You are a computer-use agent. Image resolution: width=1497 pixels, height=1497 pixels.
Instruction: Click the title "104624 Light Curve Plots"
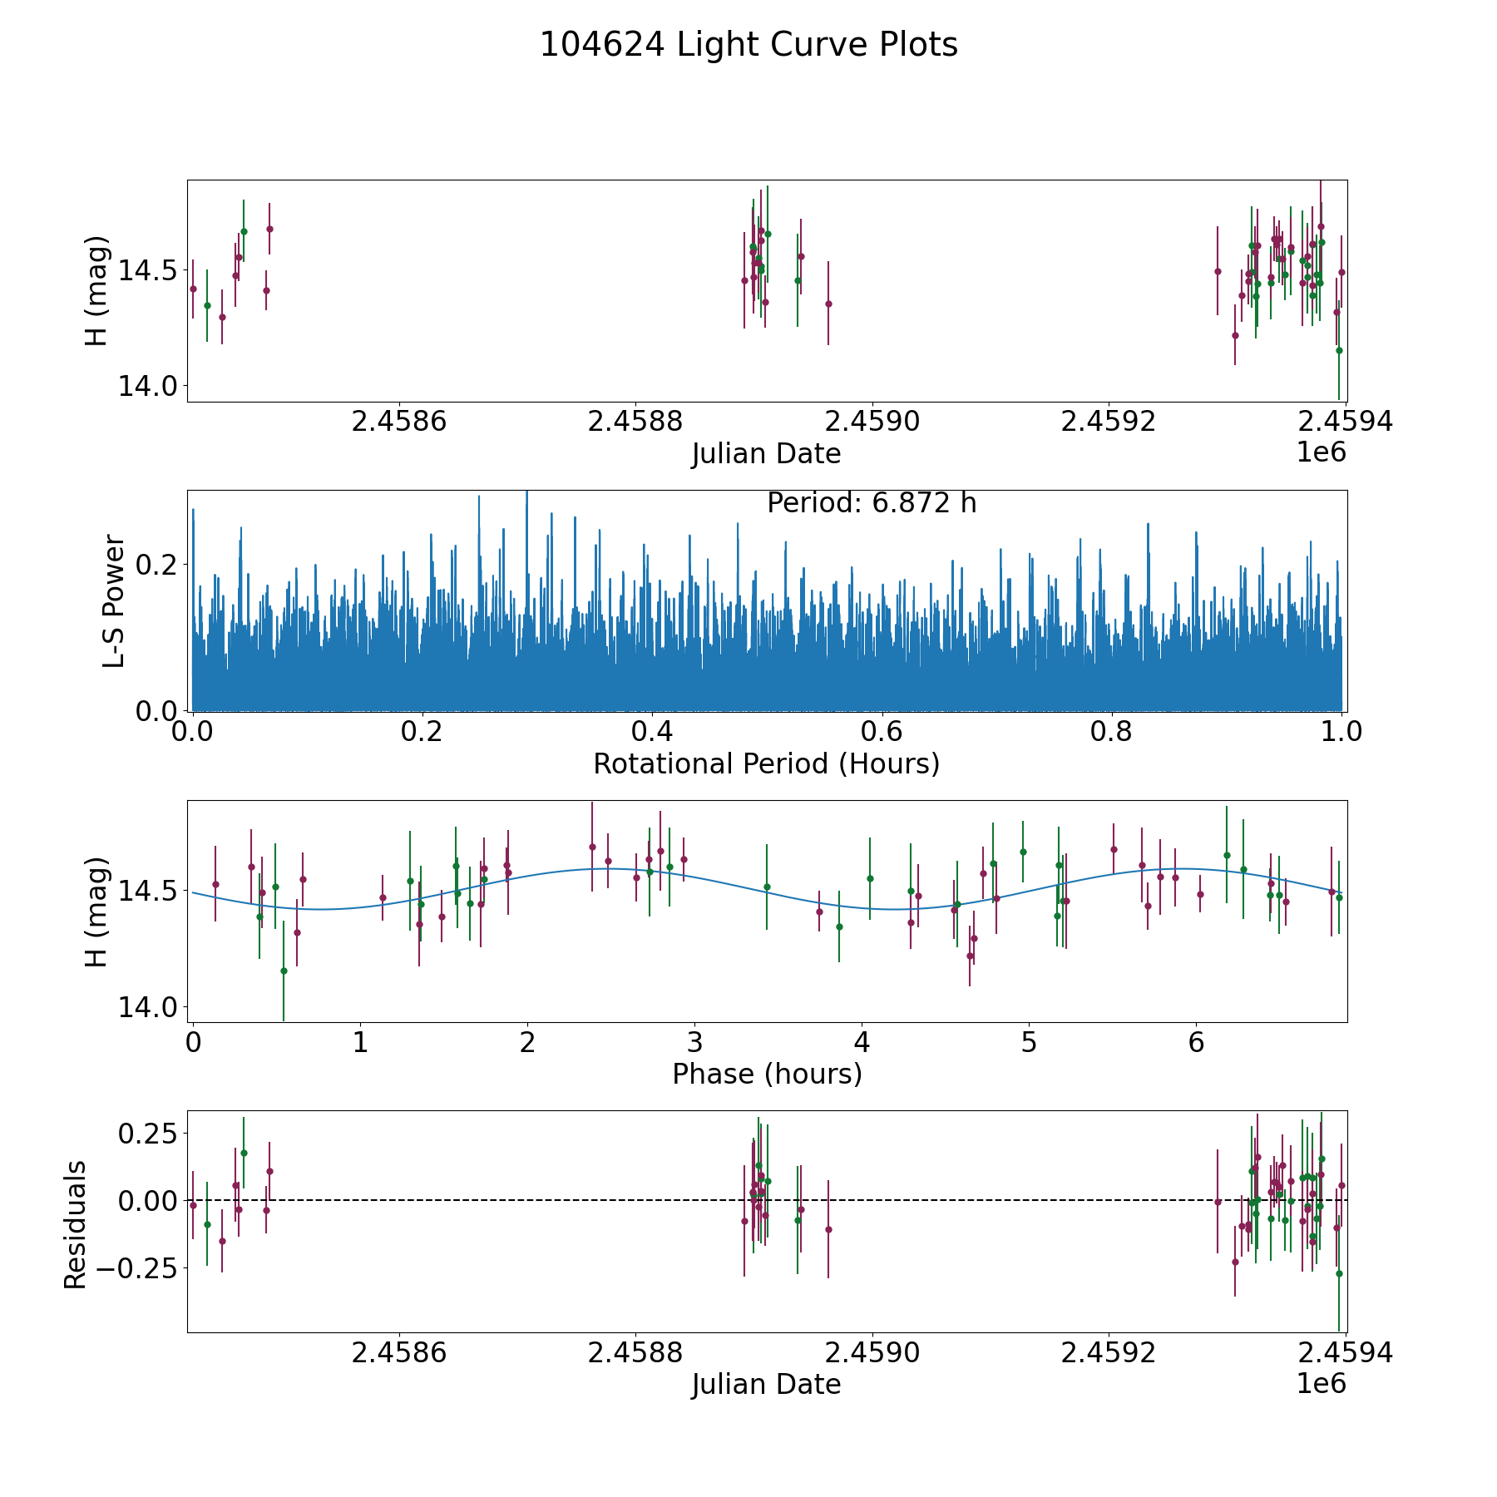coord(748,45)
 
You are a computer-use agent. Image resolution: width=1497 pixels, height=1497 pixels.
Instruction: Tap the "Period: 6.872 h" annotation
coord(871,503)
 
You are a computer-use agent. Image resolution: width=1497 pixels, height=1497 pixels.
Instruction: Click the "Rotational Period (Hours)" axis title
coord(766,763)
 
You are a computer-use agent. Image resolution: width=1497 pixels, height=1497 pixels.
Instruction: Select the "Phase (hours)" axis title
coord(766,1074)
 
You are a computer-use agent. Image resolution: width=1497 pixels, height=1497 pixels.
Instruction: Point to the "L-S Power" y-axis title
coord(114,600)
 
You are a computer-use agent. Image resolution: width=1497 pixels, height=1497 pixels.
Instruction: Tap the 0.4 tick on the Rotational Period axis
coord(653,733)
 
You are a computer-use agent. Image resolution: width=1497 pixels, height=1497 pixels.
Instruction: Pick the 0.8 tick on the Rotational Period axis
coord(1112,733)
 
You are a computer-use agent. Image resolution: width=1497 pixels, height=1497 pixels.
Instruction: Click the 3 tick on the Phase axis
coord(694,1043)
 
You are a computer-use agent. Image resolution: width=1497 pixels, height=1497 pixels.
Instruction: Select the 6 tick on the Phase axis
coord(1196,1043)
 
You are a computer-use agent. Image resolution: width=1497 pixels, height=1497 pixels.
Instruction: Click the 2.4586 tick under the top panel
coord(399,422)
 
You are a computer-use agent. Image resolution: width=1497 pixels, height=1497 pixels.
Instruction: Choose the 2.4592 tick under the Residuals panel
coord(1109,1353)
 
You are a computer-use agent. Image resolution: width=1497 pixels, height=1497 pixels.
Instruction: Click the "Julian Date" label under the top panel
coord(766,454)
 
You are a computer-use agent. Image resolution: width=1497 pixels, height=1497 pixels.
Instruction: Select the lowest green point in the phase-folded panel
coord(284,971)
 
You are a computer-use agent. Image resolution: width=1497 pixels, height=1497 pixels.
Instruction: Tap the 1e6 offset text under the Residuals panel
coord(1321,1384)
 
